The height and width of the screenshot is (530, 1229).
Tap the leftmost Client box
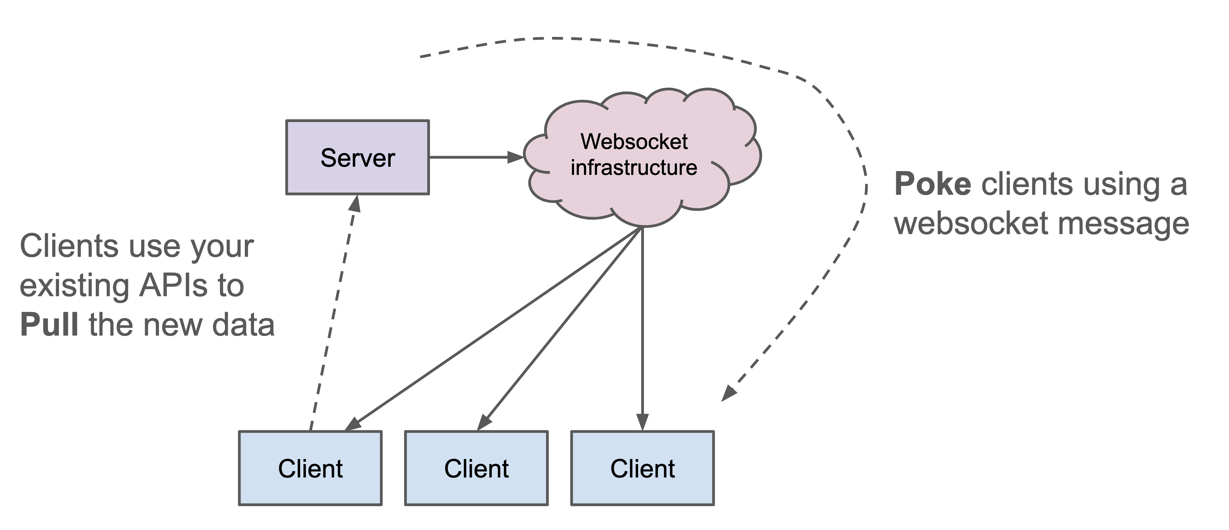click(x=310, y=468)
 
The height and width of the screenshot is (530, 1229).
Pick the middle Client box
click(x=476, y=468)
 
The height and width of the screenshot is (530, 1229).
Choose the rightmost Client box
click(x=642, y=468)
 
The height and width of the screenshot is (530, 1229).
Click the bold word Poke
click(x=932, y=184)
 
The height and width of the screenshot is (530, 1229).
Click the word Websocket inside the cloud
click(x=634, y=142)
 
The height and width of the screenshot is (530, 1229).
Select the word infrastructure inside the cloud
click(x=634, y=167)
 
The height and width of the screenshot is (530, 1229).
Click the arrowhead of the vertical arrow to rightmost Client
click(x=642, y=422)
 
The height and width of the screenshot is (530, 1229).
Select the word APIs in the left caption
click(x=173, y=285)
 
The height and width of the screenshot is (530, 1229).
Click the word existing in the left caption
click(x=75, y=285)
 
